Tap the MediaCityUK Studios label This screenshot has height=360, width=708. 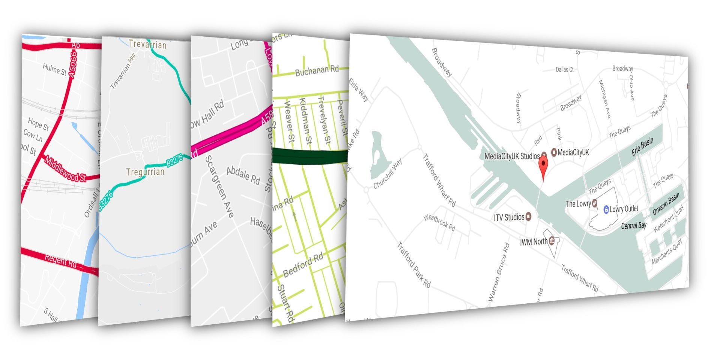coord(512,156)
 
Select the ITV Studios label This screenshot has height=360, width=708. coord(509,217)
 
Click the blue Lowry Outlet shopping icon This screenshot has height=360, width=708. coord(606,210)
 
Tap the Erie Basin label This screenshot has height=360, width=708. coord(642,147)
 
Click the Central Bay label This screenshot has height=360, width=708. coord(634,226)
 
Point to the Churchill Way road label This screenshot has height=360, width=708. coord(388,174)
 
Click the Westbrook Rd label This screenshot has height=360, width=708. coord(439,222)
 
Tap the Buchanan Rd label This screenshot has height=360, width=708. coord(317,70)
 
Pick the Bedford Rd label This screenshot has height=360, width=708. coord(303,265)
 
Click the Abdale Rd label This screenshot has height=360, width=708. coord(243,175)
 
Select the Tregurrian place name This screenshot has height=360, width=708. coord(145,172)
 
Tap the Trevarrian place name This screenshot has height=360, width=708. coord(147,44)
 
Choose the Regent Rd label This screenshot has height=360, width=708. coord(60,260)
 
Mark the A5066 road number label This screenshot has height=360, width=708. coord(73,64)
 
